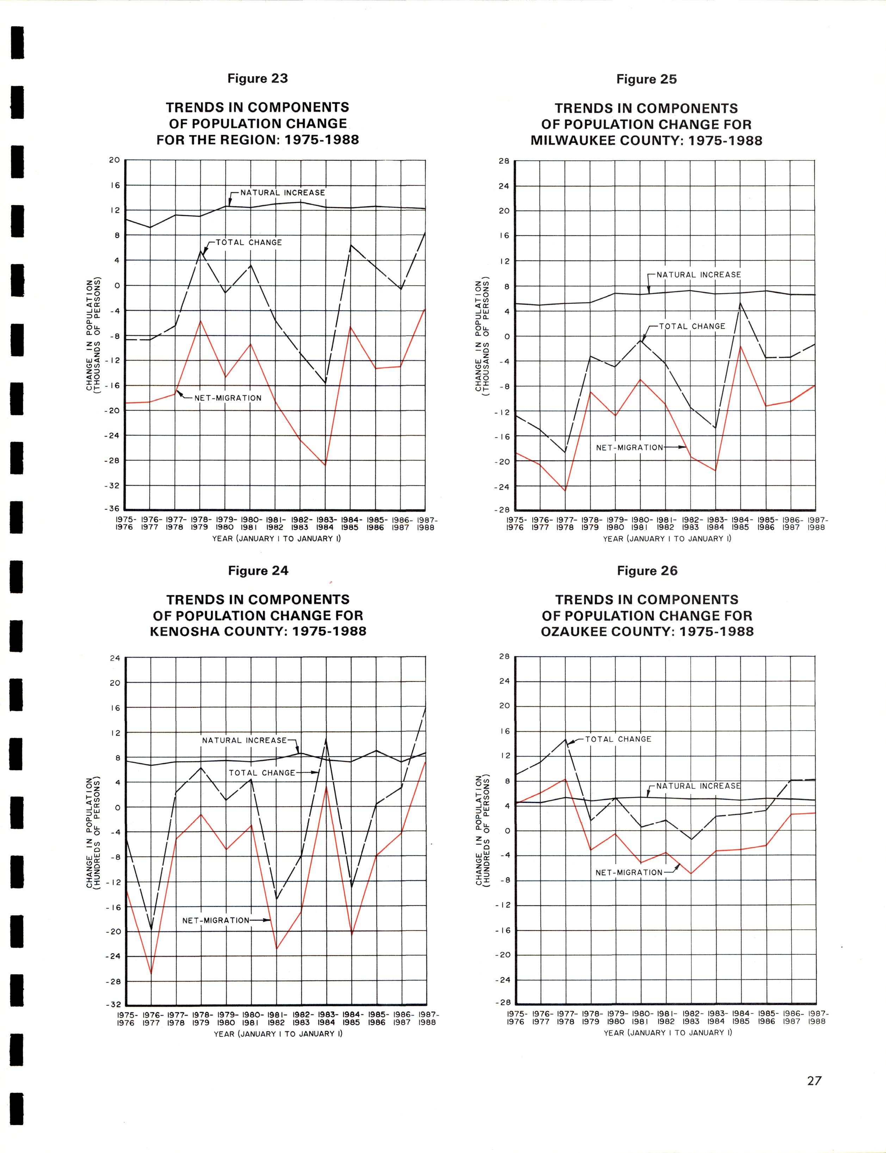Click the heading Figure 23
[258, 79]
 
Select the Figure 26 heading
[647, 571]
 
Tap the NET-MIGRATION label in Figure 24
[216, 920]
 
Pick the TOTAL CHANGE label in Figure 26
[618, 739]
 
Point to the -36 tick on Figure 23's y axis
[114, 509]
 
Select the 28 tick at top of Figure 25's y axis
[503, 162]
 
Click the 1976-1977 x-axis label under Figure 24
[151, 1018]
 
